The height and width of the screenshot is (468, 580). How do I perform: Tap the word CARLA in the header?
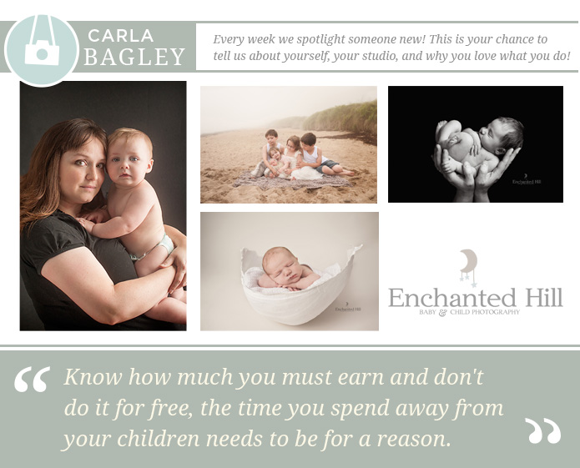[120, 36]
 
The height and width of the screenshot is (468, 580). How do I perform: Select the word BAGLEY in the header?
[134, 57]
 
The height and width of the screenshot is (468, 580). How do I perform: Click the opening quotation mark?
[33, 380]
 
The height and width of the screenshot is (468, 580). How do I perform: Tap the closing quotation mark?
[543, 430]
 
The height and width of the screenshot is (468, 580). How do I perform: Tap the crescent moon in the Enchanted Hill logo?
[469, 260]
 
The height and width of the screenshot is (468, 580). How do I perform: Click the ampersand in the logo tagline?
[442, 313]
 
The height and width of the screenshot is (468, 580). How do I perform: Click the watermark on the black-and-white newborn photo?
[527, 180]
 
